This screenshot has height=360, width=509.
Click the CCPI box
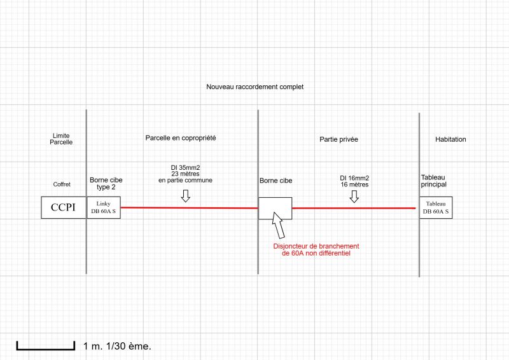pos(64,207)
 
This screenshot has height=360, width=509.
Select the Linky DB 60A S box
pos(103,207)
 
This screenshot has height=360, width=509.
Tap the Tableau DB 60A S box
pos(436,207)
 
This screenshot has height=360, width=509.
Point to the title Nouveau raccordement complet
pos(254,87)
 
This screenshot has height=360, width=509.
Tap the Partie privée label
pos(338,139)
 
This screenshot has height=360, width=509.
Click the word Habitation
pos(450,139)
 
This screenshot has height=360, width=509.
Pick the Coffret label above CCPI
pos(62,184)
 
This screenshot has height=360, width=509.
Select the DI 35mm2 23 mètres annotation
pos(185,174)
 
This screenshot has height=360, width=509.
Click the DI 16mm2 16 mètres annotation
pos(354,181)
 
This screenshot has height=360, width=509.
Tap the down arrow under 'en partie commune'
pos(185,196)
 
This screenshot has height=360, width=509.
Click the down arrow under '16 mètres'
pos(354,197)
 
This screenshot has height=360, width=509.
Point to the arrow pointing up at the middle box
pos(279,226)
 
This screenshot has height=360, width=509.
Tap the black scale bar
pos(46,347)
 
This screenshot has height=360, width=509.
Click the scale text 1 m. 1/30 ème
pos(118,347)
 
